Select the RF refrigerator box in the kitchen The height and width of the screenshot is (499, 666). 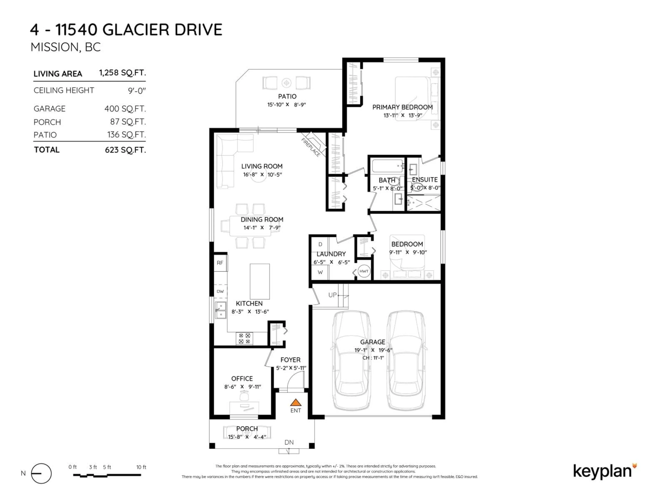pos(220,263)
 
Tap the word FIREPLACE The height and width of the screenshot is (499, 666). pos(311,147)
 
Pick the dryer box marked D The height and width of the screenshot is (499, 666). pos(320,244)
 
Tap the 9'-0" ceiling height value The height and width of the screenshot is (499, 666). pos(137,91)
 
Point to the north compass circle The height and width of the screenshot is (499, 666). pos(41,473)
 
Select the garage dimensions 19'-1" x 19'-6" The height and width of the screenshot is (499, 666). pos(373,350)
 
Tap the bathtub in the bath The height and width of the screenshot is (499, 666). pos(387,166)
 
